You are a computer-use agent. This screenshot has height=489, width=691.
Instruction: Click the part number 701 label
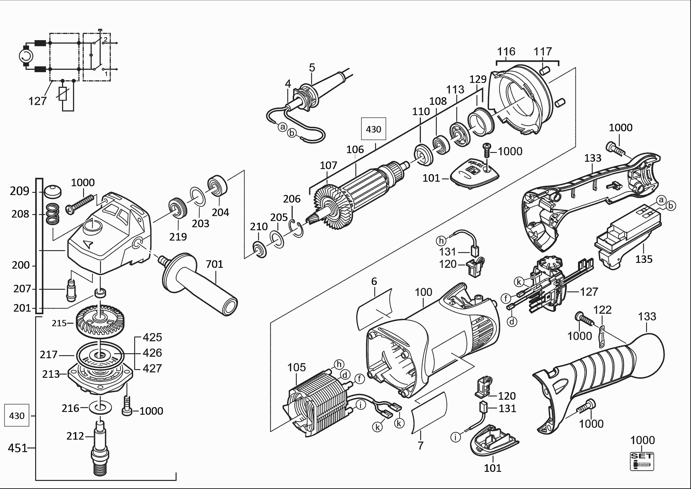point(214,264)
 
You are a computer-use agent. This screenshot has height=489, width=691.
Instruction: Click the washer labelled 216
point(100,408)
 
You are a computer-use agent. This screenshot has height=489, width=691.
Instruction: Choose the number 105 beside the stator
point(297,367)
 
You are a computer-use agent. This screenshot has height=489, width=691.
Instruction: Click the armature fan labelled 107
point(333,208)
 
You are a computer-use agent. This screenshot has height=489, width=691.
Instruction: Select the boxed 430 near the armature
point(373,129)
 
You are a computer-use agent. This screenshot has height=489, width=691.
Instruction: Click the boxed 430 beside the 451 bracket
point(17,416)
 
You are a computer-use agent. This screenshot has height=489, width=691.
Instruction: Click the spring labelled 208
point(53,214)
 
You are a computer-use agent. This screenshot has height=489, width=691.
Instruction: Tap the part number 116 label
point(506,52)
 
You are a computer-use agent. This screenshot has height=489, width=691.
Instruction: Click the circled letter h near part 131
point(441,241)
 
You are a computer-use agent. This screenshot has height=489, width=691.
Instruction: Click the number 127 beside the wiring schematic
point(38,101)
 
